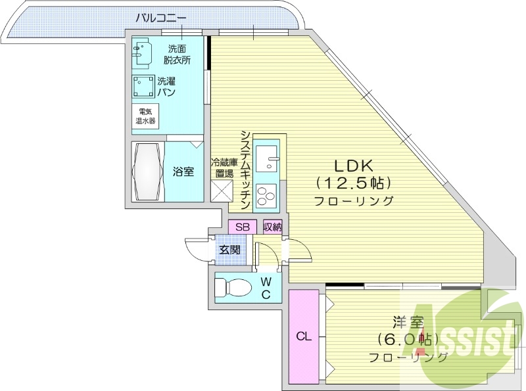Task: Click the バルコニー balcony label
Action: coord(161,18)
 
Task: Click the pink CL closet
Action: coord(303,336)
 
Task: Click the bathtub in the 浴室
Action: coord(148,172)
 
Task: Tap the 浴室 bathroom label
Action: coord(183,172)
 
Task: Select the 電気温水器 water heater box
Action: coord(145,116)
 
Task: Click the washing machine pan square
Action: coord(143,87)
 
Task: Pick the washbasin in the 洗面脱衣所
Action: coord(143,52)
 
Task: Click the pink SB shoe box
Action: coord(242,227)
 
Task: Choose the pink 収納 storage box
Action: coord(272,227)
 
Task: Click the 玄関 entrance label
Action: coord(229,250)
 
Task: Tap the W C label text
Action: coord(266,287)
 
